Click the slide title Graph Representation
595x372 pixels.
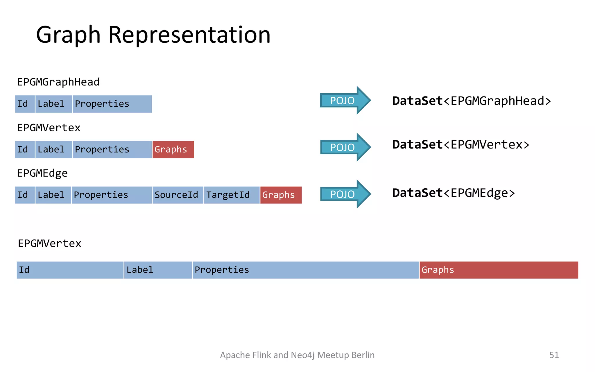(x=153, y=35)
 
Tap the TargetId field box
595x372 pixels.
(x=232, y=195)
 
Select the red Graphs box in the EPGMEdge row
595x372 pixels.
(x=281, y=195)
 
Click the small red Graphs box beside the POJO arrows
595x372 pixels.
(x=173, y=150)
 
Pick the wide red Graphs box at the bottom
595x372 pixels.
(x=499, y=270)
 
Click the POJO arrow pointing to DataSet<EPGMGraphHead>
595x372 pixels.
(x=344, y=101)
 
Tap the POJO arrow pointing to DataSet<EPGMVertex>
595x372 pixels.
(x=344, y=147)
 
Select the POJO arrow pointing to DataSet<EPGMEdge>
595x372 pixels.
(x=344, y=194)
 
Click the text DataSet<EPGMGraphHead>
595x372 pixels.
(x=471, y=101)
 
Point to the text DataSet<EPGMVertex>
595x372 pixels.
(x=460, y=145)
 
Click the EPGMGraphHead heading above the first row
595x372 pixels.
(x=58, y=82)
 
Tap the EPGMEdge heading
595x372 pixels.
(x=42, y=174)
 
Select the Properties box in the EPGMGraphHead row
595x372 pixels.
(x=112, y=104)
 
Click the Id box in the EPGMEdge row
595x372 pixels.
(x=25, y=195)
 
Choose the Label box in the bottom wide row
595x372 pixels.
(x=158, y=270)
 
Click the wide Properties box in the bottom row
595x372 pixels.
(x=305, y=270)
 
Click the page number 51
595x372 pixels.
(x=554, y=355)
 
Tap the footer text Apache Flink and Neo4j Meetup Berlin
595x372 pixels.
(x=297, y=355)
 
